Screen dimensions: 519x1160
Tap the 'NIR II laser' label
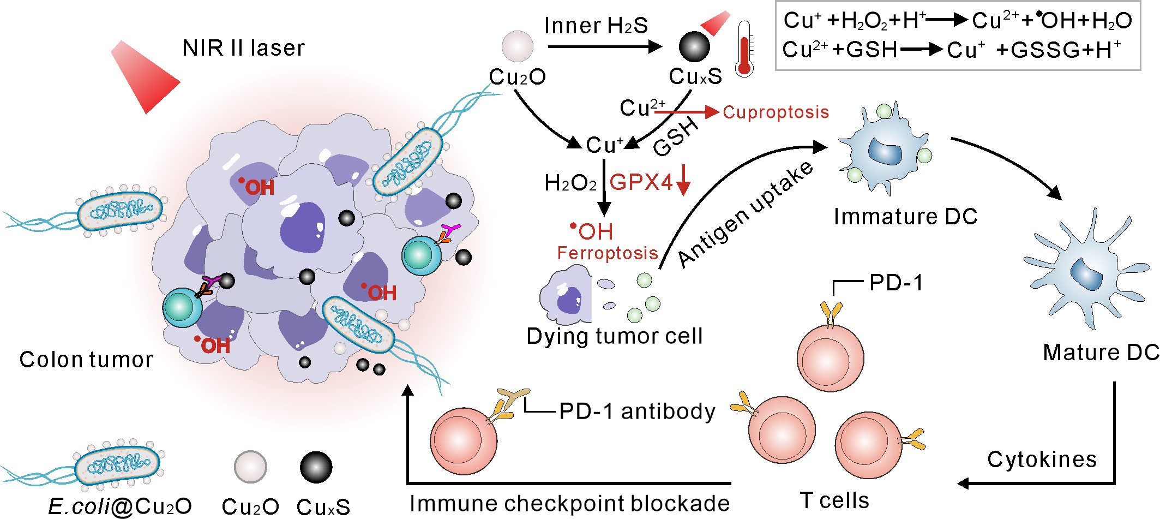[x=243, y=48]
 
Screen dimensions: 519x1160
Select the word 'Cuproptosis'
[x=776, y=112]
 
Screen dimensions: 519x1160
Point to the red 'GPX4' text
[x=641, y=182]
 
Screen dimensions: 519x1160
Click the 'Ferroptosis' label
[x=608, y=253]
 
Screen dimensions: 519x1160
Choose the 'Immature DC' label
[x=905, y=217]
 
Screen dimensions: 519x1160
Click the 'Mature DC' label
[x=1101, y=353]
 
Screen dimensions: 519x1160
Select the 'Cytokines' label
[x=1042, y=460]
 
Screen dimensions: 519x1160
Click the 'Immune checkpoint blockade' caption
[x=569, y=503]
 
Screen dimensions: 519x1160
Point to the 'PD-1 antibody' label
[x=637, y=411]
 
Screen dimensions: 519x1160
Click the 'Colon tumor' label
[x=86, y=360]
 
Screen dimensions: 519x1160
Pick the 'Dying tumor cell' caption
[x=614, y=336]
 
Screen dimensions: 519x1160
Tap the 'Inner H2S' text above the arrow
[x=596, y=26]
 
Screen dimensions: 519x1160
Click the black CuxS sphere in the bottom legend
[x=316, y=468]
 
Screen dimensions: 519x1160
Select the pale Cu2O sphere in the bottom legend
[x=250, y=467]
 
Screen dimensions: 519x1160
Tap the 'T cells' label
[x=834, y=500]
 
